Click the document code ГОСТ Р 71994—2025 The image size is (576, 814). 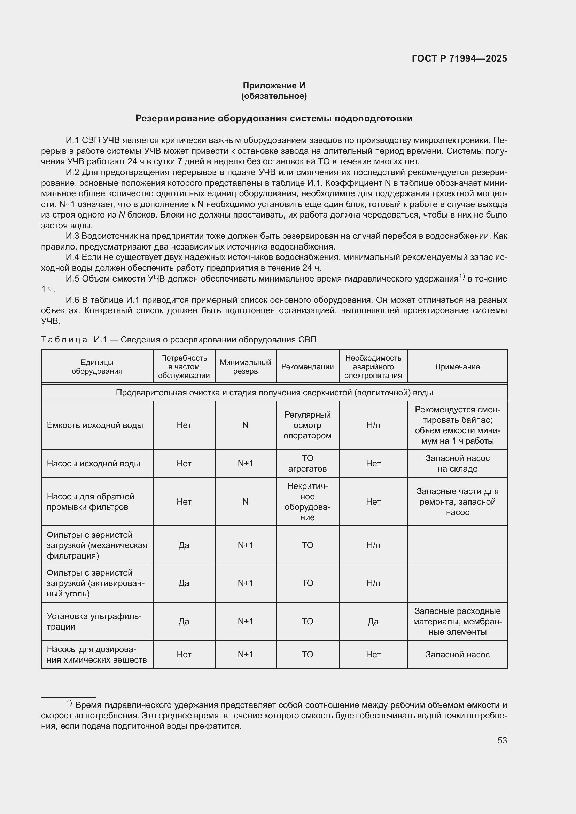tap(459, 58)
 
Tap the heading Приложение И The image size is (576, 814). tap(274, 86)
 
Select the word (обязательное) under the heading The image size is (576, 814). tap(274, 96)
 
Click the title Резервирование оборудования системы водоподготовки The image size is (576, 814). tap(274, 118)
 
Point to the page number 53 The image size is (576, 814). tap(502, 740)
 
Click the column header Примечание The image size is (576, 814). tap(457, 366)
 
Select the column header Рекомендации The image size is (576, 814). tap(307, 366)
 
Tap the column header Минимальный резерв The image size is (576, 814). tap(245, 366)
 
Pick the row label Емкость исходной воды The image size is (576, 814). tap(95, 425)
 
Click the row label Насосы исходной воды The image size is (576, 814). tap(93, 463)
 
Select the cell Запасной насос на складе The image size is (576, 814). tap(457, 463)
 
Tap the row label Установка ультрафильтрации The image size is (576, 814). tap(94, 621)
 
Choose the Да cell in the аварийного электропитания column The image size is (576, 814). tap(373, 621)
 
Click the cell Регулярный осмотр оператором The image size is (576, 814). tap(307, 425)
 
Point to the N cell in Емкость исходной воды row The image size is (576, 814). tap(245, 425)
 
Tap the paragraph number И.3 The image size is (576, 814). tap(73, 236)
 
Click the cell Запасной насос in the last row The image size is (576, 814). tap(457, 655)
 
